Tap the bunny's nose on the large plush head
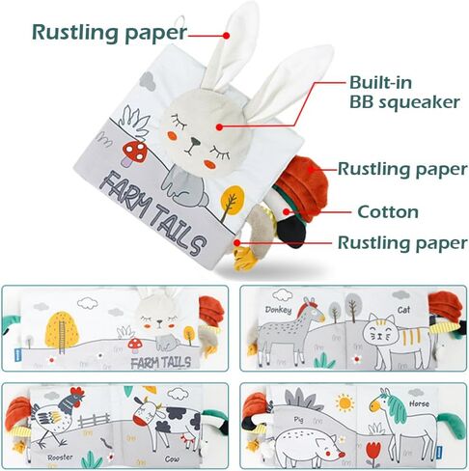coord(195,141)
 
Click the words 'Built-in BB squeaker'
coord(404,93)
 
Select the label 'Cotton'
coord(388,212)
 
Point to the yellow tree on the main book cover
coord(233,200)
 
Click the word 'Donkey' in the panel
coord(279,310)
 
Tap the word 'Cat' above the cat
coord(403,310)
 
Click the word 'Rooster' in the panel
coord(60,457)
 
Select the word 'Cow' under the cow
coord(172,459)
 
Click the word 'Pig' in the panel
coord(298,420)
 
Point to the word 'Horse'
coord(419,403)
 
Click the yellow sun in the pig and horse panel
coord(345,402)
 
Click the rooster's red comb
coord(77,392)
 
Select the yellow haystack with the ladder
coord(62,330)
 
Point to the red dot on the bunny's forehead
coord(219,127)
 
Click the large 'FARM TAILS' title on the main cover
coord(152,212)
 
